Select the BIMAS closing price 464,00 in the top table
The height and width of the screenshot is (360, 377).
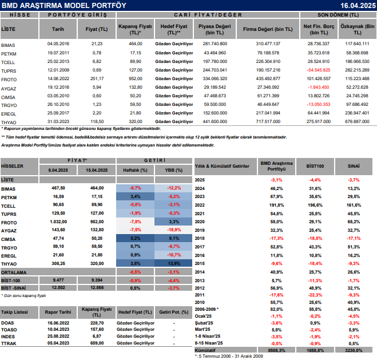pyautogui.click(x=136, y=43)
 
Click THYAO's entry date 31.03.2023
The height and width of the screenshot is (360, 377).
pyautogui.click(x=58, y=121)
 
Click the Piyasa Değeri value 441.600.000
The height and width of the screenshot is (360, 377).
pyautogui.click(x=199, y=121)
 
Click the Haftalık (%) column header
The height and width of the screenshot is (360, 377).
pyautogui.click(x=136, y=171)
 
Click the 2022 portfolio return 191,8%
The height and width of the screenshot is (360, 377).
pyautogui.click(x=277, y=204)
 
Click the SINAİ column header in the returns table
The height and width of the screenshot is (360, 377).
pyautogui.click(x=354, y=167)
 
